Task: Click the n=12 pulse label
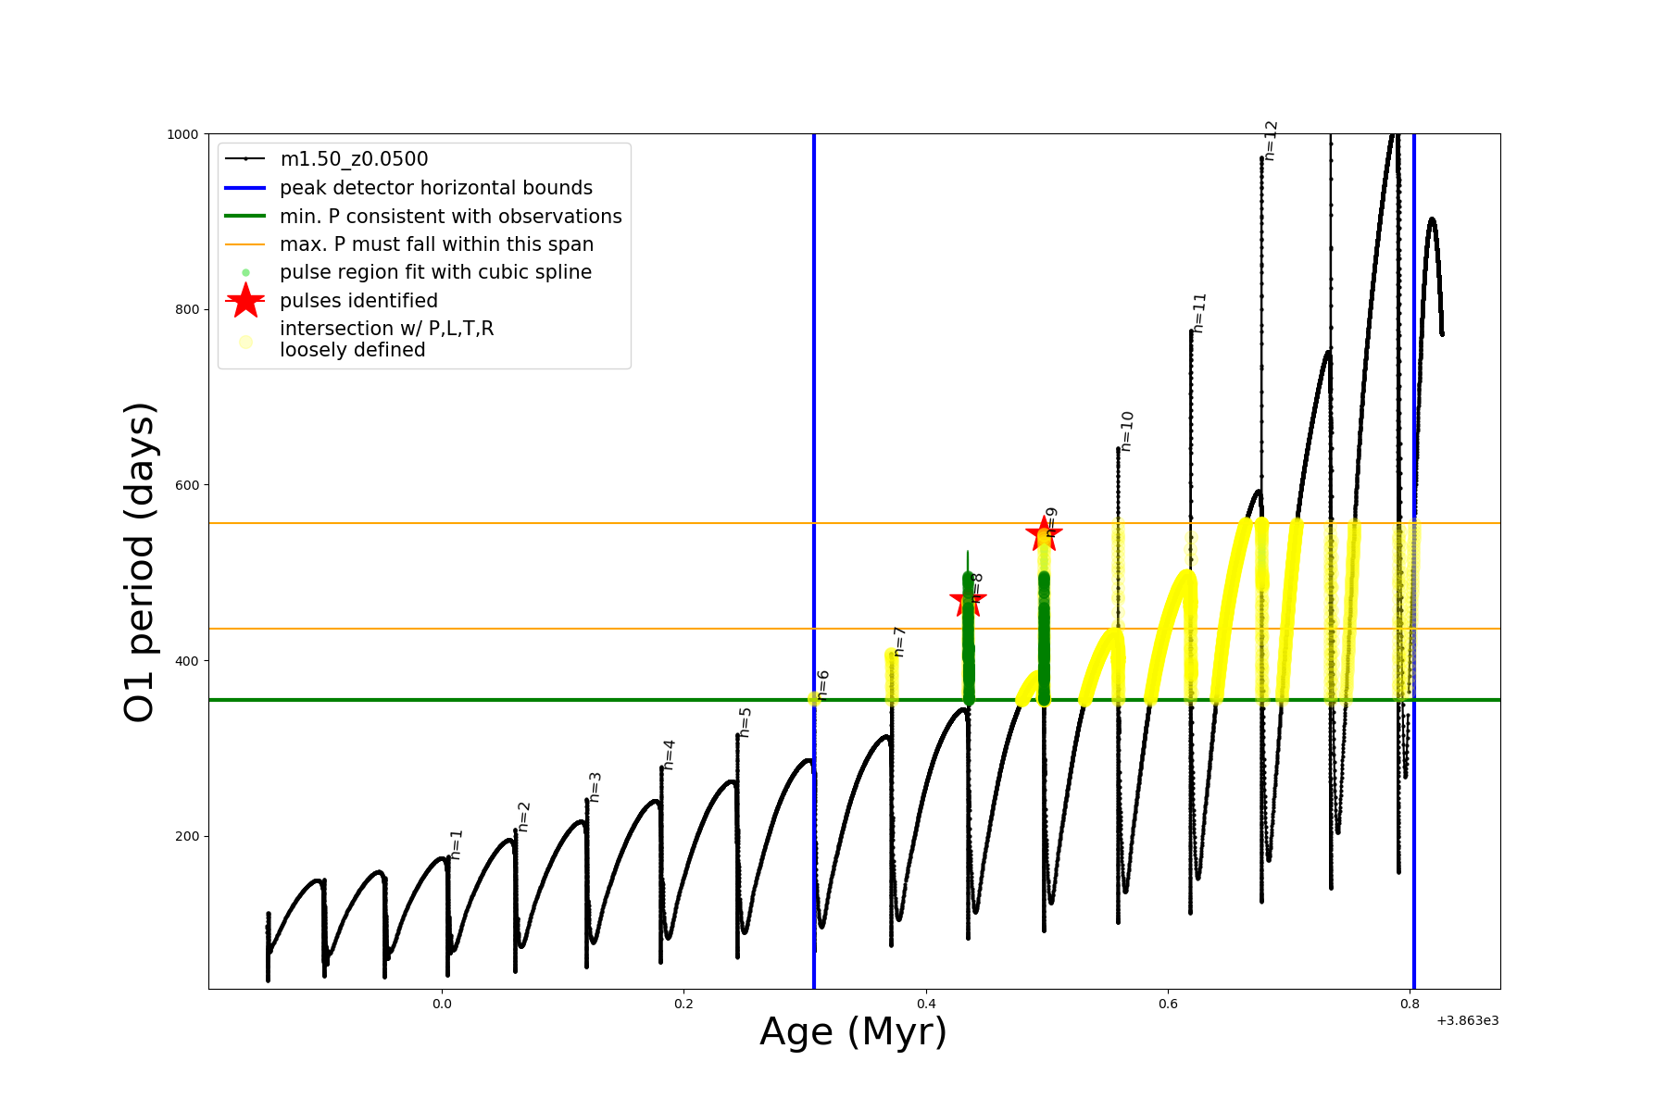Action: (1271, 141)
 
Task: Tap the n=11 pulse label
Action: (1199, 313)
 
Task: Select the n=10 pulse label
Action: (1126, 431)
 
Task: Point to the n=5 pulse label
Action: (745, 722)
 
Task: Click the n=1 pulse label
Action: (456, 844)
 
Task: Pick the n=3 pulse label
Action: (595, 787)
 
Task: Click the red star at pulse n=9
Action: (1044, 533)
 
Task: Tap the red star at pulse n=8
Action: (968, 599)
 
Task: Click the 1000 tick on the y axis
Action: (182, 134)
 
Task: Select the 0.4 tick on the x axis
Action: (926, 1004)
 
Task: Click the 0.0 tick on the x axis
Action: (442, 1004)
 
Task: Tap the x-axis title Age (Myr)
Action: (853, 1032)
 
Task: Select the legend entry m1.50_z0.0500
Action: (354, 159)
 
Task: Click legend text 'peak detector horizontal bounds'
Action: (436, 188)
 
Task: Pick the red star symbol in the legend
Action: (245, 301)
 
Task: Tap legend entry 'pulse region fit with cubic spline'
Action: (435, 272)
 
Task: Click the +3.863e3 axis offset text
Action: (1467, 1020)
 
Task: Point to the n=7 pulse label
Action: (898, 642)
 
